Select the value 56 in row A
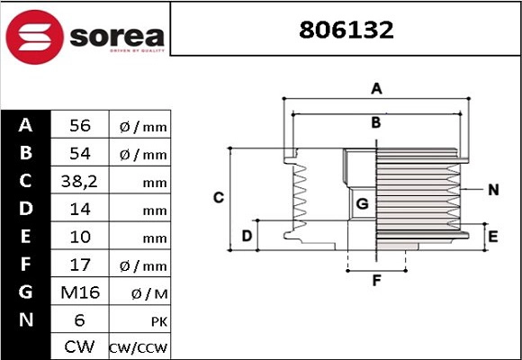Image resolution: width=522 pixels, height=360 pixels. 79,126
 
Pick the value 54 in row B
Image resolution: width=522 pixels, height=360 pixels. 79,154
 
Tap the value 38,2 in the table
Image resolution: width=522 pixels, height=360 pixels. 79,182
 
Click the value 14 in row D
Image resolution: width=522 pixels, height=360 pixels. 79,210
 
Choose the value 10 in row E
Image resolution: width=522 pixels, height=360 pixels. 79,238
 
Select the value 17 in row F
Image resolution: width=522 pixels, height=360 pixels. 79,265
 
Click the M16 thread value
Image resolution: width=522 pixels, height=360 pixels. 79,293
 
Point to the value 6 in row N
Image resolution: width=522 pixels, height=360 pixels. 79,320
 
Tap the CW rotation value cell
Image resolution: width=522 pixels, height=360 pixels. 79,346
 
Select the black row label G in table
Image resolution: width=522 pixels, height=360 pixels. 25,292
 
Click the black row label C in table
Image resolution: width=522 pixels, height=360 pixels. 25,181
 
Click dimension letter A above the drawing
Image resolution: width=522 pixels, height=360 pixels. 377,88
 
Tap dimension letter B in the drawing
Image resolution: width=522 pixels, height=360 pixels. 377,121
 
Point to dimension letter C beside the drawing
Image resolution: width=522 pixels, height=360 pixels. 218,197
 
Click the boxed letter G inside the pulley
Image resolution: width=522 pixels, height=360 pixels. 363,204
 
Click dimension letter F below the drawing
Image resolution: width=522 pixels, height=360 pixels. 377,280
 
